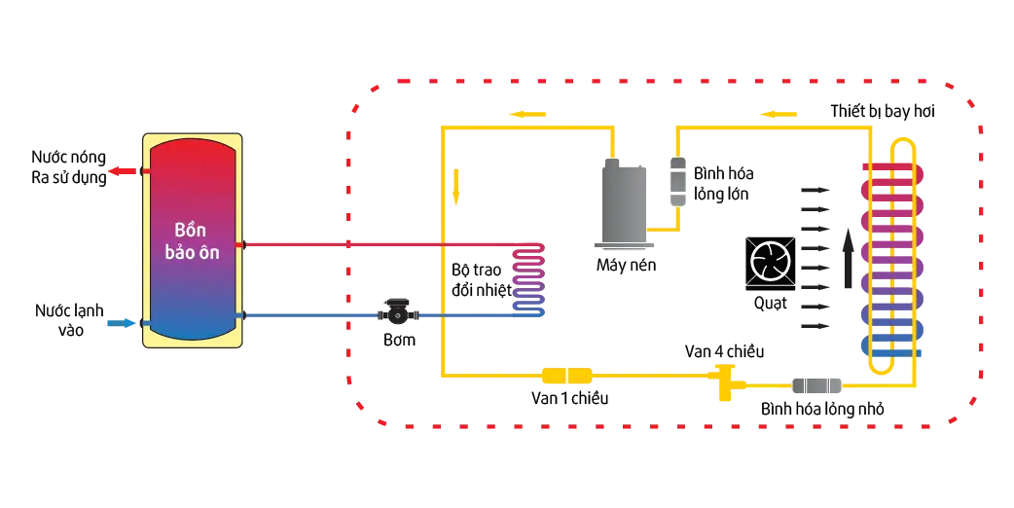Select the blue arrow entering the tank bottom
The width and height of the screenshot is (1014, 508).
pos(122,323)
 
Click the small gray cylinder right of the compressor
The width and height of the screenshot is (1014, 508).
pos(678,180)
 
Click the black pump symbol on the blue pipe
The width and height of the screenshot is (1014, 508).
pos(397,312)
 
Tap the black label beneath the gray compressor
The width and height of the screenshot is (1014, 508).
pos(626,264)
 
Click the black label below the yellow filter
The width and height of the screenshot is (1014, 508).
pos(572,396)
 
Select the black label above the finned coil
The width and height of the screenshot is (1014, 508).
pos(880,114)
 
